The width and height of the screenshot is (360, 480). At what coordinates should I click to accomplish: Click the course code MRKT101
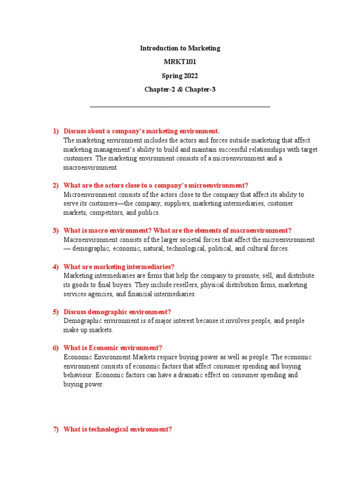180,62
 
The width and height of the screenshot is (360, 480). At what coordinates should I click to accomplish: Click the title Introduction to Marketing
180,48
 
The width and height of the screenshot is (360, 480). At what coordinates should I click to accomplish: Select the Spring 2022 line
180,76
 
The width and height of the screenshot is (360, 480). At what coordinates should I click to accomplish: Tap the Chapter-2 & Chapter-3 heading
180,90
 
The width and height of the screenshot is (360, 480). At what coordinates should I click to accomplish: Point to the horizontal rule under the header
180,107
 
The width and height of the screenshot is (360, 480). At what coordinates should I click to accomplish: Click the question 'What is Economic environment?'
113,348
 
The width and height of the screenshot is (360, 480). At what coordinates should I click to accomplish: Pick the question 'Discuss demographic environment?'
117,312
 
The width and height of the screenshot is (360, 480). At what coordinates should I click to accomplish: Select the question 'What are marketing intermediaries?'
119,267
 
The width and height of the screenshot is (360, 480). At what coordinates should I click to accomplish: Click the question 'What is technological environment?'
118,429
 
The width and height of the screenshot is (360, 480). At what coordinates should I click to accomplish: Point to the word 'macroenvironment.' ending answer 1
91,167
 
